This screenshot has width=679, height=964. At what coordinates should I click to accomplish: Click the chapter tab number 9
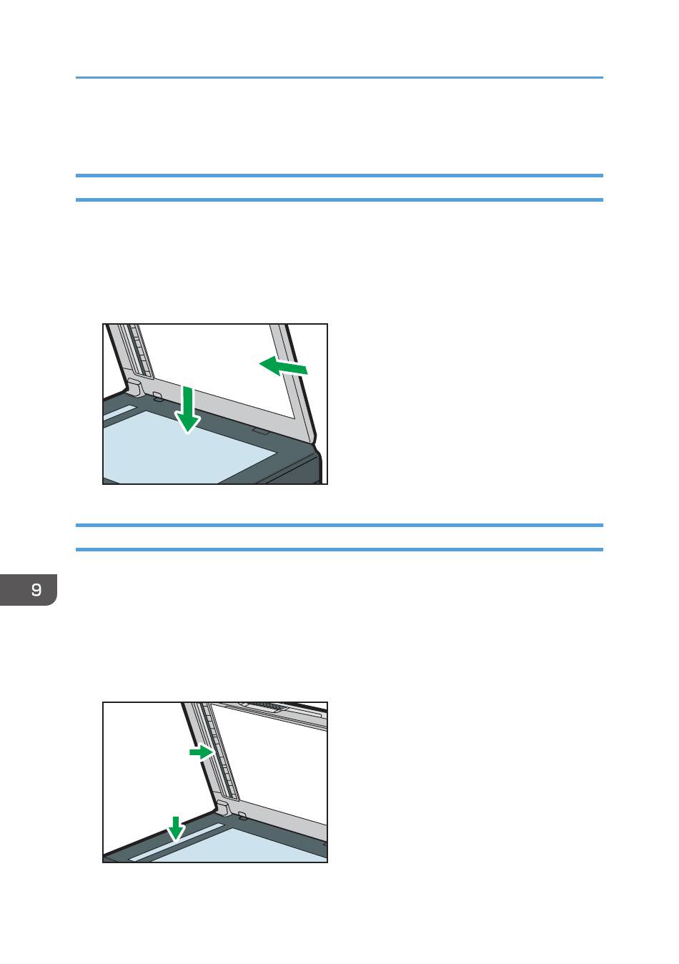[x=36, y=589]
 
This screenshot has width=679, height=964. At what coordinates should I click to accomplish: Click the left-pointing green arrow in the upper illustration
[x=283, y=366]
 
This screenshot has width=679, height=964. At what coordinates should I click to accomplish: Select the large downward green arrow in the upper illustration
[x=187, y=409]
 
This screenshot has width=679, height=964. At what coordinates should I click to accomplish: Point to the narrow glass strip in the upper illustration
[x=119, y=413]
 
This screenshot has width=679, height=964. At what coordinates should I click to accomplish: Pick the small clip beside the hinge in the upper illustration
[x=157, y=396]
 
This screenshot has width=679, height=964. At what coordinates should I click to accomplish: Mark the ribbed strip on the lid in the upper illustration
[x=140, y=351]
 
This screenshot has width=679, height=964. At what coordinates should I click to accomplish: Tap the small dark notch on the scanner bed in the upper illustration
[x=261, y=431]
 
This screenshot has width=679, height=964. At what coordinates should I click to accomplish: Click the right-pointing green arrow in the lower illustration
[x=202, y=752]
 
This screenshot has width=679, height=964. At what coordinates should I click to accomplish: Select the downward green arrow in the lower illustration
[x=176, y=828]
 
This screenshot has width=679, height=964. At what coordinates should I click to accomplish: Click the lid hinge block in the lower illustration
[x=222, y=807]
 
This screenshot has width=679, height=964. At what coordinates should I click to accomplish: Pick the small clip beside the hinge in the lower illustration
[x=242, y=815]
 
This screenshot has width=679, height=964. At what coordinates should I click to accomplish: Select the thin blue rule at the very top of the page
[x=339, y=77]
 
